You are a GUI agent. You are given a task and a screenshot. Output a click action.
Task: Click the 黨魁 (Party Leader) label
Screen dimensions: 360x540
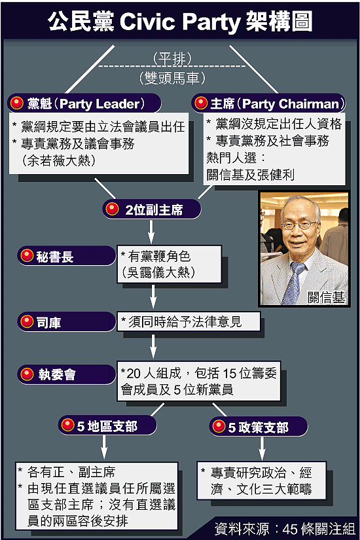point(84,103)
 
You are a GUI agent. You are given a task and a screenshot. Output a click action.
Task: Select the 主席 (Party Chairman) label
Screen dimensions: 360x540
point(269,103)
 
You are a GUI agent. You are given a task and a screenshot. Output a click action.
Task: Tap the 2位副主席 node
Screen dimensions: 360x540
point(152,209)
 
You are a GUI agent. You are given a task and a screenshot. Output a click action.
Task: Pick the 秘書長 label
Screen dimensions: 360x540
point(66,256)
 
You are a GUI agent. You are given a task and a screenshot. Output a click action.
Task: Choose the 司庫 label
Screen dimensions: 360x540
point(66,322)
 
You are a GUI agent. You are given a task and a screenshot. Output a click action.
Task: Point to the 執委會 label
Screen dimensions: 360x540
point(66,374)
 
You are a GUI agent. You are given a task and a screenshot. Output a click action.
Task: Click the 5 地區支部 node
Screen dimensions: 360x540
point(107,425)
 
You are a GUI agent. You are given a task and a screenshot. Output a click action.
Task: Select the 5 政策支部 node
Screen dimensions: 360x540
point(259,427)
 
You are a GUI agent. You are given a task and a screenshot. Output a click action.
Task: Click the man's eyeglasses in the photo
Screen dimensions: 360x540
point(298,225)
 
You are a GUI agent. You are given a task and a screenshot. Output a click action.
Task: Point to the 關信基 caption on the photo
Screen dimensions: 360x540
point(326,298)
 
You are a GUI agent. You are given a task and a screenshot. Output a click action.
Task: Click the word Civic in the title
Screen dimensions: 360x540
point(147,22)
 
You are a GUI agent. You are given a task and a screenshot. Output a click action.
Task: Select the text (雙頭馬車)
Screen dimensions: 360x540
point(172,78)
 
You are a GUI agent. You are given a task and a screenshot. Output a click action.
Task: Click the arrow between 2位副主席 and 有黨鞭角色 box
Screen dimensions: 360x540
point(151,232)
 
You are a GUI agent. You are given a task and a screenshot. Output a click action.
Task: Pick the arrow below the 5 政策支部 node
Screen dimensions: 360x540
point(262,448)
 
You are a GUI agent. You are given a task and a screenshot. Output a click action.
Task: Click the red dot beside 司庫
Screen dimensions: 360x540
point(27,321)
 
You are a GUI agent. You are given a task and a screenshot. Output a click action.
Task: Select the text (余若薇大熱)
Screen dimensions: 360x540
point(58,160)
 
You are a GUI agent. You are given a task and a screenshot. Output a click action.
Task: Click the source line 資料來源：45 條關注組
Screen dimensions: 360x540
point(285,529)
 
